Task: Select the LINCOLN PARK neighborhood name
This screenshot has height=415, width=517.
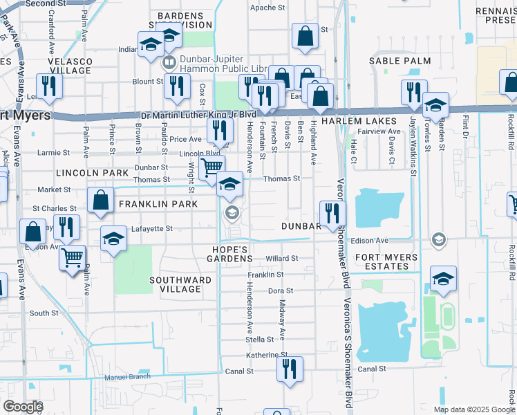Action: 92,172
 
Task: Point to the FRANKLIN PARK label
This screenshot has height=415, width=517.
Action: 158,204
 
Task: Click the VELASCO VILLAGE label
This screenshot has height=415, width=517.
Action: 69,66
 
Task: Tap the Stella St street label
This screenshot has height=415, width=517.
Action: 260,340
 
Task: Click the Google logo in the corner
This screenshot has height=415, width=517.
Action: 22,407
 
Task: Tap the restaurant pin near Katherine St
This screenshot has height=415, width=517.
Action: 290,367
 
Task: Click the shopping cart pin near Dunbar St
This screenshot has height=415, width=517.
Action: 211,167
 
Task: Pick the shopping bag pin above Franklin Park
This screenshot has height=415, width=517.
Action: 101,200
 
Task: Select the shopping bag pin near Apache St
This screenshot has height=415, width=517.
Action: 304,36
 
